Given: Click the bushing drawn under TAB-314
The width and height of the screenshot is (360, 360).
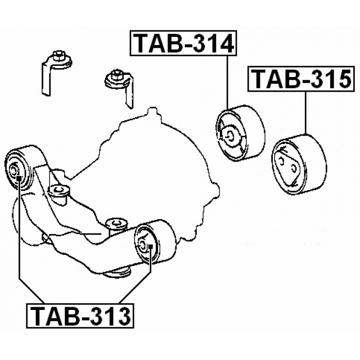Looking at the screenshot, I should tap(241, 133).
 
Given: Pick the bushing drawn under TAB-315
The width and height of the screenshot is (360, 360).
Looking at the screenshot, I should tap(299, 164).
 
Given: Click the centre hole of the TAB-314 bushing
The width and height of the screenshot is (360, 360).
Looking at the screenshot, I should tap(231, 135).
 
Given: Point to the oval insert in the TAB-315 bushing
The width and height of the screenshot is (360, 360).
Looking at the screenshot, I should tap(287, 165).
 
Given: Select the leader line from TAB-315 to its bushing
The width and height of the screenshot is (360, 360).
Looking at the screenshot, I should tap(305, 112).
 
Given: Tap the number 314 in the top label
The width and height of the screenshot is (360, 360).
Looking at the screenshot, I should tap(208, 43).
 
